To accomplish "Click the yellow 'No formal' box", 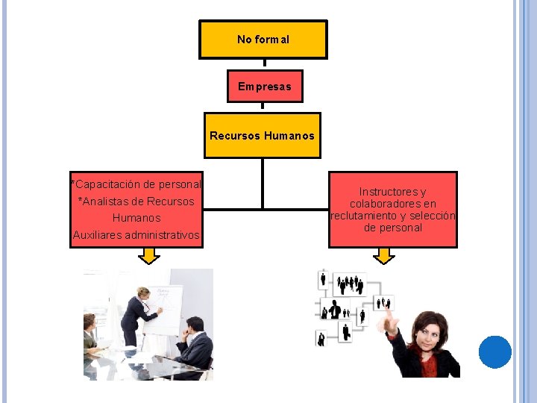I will pos(263,40).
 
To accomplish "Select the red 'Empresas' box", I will pos(265,87).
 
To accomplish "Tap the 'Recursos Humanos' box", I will pos(263,136).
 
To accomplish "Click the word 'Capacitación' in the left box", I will pos(107,184).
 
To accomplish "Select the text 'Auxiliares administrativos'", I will pos(136,235).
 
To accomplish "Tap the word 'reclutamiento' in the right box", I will pos(364,216).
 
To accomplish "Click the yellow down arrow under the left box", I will pos(149,256).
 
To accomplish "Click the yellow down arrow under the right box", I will pos(384,256).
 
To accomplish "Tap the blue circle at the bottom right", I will pos(494,352).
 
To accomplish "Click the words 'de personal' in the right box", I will pos(393,228).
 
